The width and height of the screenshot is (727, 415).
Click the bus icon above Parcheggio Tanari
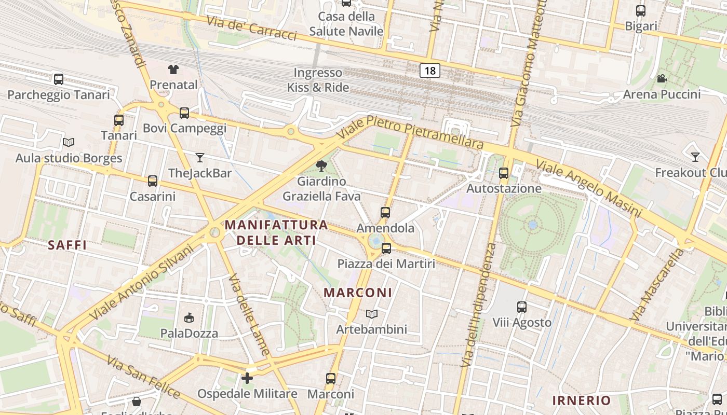[59, 79]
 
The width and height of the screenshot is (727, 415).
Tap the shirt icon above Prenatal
[173, 69]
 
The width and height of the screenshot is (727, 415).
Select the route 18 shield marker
[430, 70]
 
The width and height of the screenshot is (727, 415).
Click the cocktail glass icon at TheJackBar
[200, 157]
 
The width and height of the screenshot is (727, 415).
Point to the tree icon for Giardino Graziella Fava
[321, 166]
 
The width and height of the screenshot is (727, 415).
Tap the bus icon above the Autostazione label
[503, 173]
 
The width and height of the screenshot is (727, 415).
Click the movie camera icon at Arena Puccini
[662, 79]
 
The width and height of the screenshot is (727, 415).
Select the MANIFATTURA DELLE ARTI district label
[276, 232]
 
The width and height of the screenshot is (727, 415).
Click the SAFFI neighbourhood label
[67, 245]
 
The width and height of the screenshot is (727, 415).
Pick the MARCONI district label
[358, 293]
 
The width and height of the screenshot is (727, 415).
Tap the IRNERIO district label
[581, 400]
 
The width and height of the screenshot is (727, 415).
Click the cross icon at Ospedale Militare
[247, 378]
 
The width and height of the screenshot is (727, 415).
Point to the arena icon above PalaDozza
[190, 317]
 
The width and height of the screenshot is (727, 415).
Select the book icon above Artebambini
[371, 314]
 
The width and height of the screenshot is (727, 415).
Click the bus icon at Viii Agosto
[522, 307]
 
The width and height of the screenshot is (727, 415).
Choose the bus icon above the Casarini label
[152, 181]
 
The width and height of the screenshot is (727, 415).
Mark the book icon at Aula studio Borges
[69, 142]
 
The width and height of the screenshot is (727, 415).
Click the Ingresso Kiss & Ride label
[318, 80]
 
